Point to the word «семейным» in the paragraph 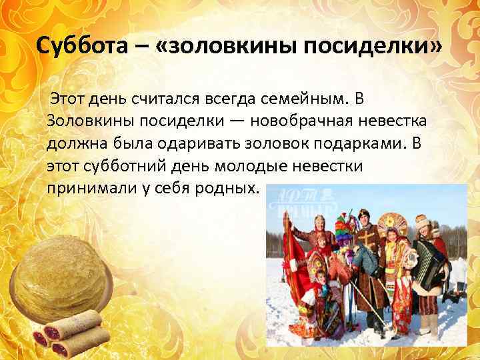pos(303,99)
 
